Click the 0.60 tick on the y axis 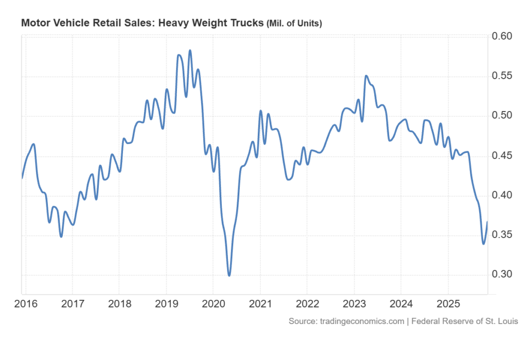[502, 37]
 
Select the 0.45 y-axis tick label [502, 156]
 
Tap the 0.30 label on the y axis [502, 275]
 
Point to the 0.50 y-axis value [502, 116]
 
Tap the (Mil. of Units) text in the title [293, 24]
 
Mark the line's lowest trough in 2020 [229, 276]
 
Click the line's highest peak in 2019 [190, 50]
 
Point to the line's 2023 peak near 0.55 [366, 76]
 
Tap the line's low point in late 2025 [483, 244]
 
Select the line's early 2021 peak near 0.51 [260, 111]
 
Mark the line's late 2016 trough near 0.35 [61, 237]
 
